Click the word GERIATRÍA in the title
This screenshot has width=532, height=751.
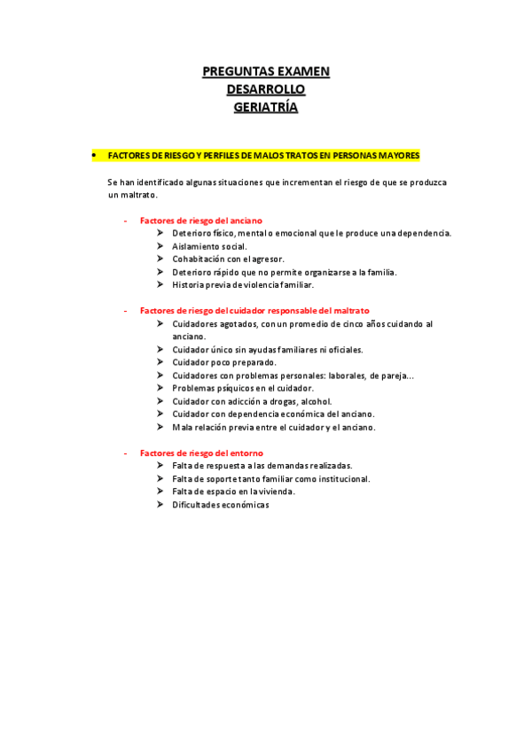(x=266, y=108)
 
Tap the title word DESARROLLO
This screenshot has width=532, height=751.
(x=266, y=90)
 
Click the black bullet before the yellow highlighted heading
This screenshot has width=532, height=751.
(x=93, y=155)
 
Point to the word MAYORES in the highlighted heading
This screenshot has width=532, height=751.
(x=397, y=155)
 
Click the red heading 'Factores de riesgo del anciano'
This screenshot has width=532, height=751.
(x=200, y=221)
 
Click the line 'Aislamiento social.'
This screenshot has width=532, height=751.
(x=210, y=246)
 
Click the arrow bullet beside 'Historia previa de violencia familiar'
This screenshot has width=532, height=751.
(x=160, y=285)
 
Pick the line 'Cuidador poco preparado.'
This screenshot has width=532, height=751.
(x=224, y=362)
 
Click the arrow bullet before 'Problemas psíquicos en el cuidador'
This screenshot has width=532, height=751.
(x=160, y=388)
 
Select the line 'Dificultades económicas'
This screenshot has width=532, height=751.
(x=221, y=505)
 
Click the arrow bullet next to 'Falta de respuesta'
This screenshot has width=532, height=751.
(x=160, y=466)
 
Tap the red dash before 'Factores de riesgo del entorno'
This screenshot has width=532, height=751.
(x=126, y=453)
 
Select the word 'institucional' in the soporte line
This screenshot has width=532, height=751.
(x=340, y=479)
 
